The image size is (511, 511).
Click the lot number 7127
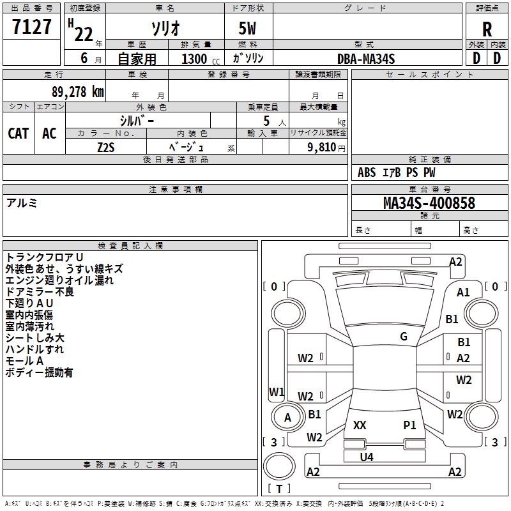(x=32, y=27)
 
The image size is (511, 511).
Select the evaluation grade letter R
(x=487, y=29)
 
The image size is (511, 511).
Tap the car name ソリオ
(x=165, y=28)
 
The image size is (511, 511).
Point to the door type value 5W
(x=248, y=29)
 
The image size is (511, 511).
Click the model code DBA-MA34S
(x=366, y=59)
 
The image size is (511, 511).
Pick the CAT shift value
(x=18, y=133)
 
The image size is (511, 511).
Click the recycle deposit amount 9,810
(x=321, y=147)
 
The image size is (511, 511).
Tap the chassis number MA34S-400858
(x=429, y=203)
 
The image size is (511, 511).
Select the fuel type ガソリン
(x=248, y=58)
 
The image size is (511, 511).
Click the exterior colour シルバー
(x=137, y=119)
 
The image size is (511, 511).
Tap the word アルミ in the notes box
(x=22, y=202)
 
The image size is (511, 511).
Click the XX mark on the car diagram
(x=360, y=425)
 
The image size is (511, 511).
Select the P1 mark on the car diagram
(x=409, y=425)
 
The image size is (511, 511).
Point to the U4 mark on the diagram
(x=366, y=457)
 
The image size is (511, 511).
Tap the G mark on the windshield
(x=404, y=337)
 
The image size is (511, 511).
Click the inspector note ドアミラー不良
(x=40, y=292)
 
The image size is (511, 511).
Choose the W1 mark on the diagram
(x=276, y=392)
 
